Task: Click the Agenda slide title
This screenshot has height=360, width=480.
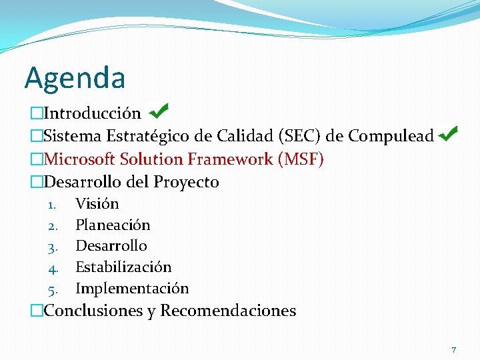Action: pyautogui.click(x=75, y=78)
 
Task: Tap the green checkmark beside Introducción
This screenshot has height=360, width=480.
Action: pyautogui.click(x=159, y=110)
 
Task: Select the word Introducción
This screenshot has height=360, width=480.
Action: pyautogui.click(x=92, y=114)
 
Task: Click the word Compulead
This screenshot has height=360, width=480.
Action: pyautogui.click(x=391, y=136)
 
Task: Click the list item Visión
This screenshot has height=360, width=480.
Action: pyautogui.click(x=97, y=204)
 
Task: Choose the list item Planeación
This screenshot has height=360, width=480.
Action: pyautogui.click(x=113, y=225)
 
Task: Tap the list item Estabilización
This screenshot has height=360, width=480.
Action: pyautogui.click(x=123, y=267)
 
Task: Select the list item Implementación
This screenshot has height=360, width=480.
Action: pyautogui.click(x=132, y=289)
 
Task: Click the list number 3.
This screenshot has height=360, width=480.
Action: pyautogui.click(x=53, y=247)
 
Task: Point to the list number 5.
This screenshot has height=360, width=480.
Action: pyautogui.click(x=53, y=289)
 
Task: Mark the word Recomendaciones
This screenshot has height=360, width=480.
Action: pyautogui.click(x=228, y=311)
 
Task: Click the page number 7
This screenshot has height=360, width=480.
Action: pyautogui.click(x=454, y=350)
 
